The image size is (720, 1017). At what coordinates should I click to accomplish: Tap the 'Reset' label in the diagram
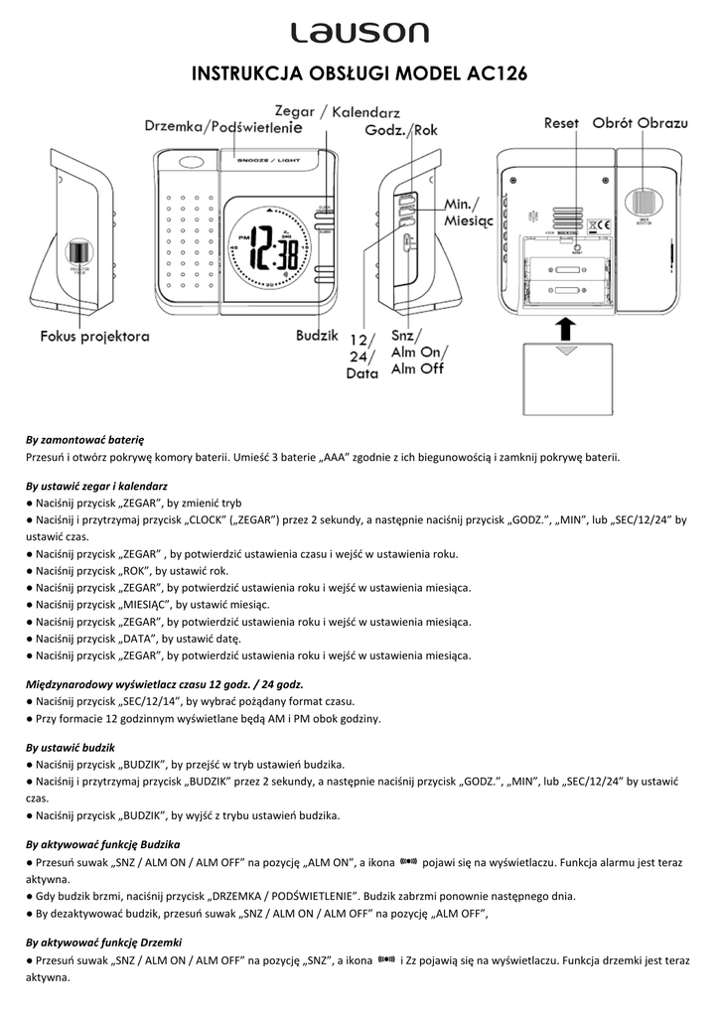pyautogui.click(x=561, y=123)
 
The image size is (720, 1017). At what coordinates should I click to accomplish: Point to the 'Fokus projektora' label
pyautogui.click(x=95, y=336)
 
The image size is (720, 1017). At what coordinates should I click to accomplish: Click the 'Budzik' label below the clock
pyautogui.click(x=317, y=336)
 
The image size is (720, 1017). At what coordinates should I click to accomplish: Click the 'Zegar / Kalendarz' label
pyautogui.click(x=337, y=111)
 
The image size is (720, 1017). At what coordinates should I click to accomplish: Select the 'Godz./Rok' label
pyautogui.click(x=401, y=130)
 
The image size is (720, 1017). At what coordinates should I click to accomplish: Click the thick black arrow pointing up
pyautogui.click(x=564, y=329)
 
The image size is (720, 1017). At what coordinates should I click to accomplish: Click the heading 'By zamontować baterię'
pyautogui.click(x=85, y=438)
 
